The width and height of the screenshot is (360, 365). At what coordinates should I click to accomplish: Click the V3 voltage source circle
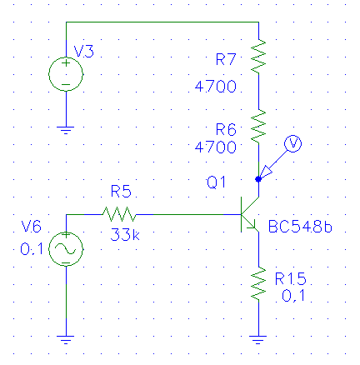point(66,57)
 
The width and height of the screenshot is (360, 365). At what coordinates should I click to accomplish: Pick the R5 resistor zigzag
point(119,214)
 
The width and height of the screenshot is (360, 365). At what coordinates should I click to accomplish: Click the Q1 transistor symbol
point(250,214)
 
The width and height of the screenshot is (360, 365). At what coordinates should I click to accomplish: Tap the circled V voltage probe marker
point(293,143)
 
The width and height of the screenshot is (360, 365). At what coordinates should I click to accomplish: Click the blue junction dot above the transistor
point(258,179)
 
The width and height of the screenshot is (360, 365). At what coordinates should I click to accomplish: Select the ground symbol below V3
point(66,130)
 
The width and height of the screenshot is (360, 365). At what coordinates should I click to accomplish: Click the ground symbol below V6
point(66,340)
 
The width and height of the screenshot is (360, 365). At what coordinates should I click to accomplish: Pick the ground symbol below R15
point(258,340)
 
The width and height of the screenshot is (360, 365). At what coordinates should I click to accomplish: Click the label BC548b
point(300,227)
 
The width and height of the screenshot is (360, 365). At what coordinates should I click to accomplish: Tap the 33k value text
point(125,234)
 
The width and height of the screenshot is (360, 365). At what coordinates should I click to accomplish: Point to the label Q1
point(216,182)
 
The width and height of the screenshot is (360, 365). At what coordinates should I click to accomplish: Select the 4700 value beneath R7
point(216,87)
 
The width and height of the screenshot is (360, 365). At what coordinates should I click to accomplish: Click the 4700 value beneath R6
point(216,147)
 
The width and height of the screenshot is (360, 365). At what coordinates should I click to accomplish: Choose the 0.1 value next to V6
point(32,249)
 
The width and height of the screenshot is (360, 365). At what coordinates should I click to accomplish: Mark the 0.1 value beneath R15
point(293,296)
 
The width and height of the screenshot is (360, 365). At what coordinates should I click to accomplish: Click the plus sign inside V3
point(66,63)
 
